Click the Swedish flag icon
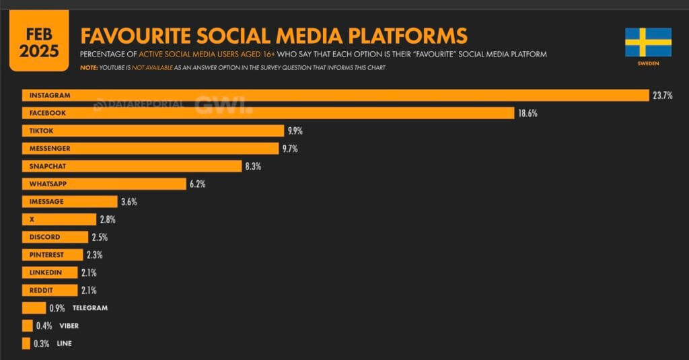[x=648, y=42]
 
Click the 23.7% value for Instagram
[x=662, y=96]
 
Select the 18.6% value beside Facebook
[x=528, y=113]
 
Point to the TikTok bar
[x=153, y=131]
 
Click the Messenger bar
[x=150, y=148]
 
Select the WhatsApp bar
[x=104, y=184]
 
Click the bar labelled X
[x=59, y=219]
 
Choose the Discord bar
[x=55, y=237]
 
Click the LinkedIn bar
[x=50, y=273]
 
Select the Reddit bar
[x=50, y=290]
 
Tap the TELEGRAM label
[x=90, y=308]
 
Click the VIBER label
[x=69, y=326]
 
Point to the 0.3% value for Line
[x=42, y=343]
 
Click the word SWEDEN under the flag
[x=648, y=63]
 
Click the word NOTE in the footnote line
[x=88, y=67]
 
